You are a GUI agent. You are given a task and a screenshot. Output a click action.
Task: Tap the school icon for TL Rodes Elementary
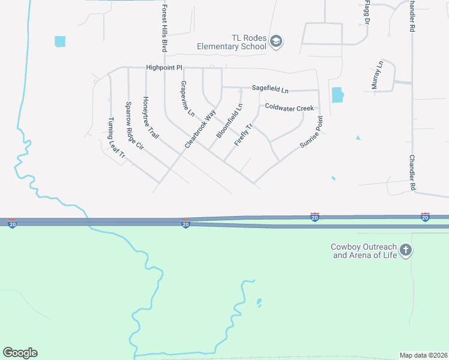tap(276, 41)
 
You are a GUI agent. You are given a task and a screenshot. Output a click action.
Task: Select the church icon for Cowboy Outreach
tap(406, 250)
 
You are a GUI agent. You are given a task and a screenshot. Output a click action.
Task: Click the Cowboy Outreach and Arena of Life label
tap(364, 251)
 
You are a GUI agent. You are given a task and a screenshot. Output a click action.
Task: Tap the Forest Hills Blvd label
tap(164, 29)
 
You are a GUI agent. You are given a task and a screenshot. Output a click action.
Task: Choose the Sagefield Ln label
tap(270, 88)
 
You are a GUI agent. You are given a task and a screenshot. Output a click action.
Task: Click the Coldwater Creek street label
tap(289, 107)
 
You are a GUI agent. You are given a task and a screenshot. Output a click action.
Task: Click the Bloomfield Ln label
tap(229, 121)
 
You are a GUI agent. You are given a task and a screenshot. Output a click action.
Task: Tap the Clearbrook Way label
tap(200, 129)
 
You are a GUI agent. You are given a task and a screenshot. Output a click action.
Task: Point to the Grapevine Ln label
tap(187, 98)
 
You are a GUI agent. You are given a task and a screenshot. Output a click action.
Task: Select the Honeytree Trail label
tap(151, 118)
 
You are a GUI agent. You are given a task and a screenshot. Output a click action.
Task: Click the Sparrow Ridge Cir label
tap(134, 125)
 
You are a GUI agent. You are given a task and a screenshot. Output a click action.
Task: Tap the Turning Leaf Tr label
tap(116, 137)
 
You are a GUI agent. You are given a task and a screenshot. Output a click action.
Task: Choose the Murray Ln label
tap(376, 76)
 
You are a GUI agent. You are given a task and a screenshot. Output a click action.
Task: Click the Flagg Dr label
tap(366, 13)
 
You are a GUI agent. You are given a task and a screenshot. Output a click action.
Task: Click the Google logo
tap(20, 353)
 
